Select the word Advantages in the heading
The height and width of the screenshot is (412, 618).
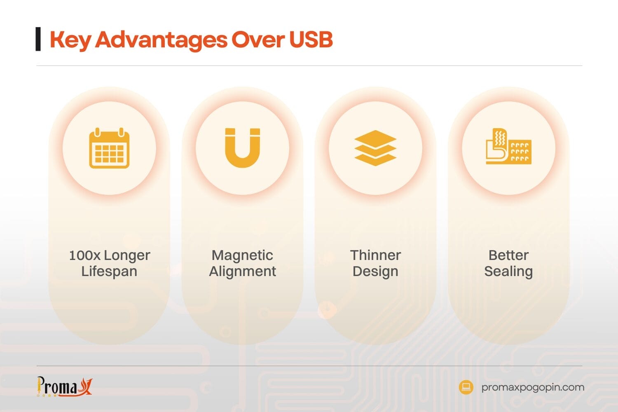161,40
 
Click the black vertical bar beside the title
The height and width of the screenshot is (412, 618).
38,39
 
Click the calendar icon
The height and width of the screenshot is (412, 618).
109,148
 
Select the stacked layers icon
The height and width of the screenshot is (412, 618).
375,148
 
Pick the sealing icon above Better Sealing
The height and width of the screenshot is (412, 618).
508,147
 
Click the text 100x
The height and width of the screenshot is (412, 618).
84,255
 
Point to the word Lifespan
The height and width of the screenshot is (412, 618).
109,272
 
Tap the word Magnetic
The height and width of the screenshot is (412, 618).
242,255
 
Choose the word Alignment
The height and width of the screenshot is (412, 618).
242,272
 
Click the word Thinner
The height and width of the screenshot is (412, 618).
375,255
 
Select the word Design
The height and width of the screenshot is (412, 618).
375,272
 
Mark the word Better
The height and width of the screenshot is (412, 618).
508,255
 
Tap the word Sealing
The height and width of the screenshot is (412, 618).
508,272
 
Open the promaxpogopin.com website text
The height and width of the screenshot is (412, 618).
533,387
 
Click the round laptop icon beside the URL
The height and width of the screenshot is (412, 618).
466,387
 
